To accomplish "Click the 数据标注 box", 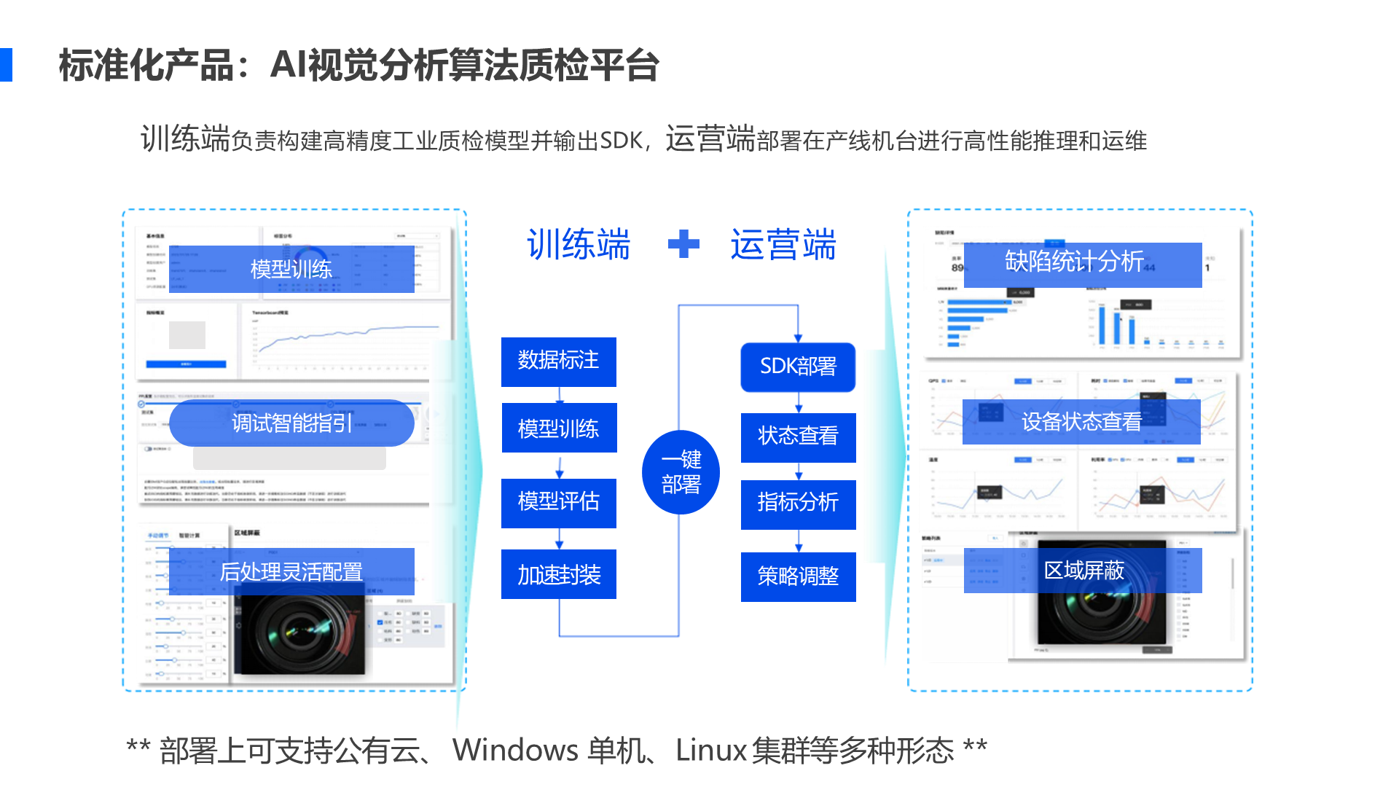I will click(558, 361).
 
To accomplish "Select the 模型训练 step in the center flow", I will click(558, 428).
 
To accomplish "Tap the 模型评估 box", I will click(558, 502).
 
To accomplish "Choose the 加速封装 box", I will click(558, 574).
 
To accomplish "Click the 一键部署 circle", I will click(681, 472).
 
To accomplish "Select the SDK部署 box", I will click(798, 367).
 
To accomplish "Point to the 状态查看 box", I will click(798, 436).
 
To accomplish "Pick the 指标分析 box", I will click(798, 504).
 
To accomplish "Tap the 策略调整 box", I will click(798, 576).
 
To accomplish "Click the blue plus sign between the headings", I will click(683, 244).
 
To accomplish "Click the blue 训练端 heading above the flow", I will click(579, 244).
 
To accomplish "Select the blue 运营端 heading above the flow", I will click(783, 244).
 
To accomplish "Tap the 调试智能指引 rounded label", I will click(291, 423).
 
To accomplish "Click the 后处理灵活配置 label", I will click(291, 571).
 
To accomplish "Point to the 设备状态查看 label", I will click(1081, 422).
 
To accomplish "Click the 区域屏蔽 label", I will click(1083, 570).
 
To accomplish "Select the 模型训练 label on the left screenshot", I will click(291, 269).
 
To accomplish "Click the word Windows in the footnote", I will click(515, 750).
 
